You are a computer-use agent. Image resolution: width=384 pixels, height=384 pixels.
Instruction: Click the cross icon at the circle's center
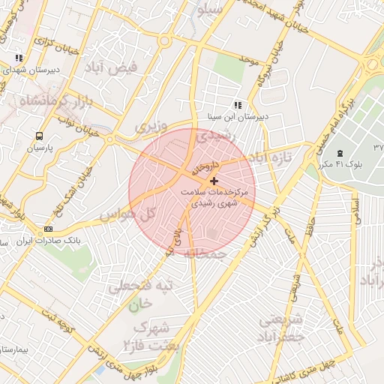pos(215,181)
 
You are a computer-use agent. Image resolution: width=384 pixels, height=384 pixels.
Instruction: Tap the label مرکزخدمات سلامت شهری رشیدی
pos(215,197)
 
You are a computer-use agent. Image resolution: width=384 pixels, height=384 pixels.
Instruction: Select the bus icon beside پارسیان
pos(38,136)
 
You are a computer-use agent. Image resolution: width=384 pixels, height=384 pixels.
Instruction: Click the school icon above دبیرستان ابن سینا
pos(238,105)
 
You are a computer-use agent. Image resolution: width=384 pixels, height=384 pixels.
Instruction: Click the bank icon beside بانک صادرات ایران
pos(49,229)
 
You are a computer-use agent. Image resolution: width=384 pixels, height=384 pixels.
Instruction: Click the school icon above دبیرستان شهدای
pos(19,57)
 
